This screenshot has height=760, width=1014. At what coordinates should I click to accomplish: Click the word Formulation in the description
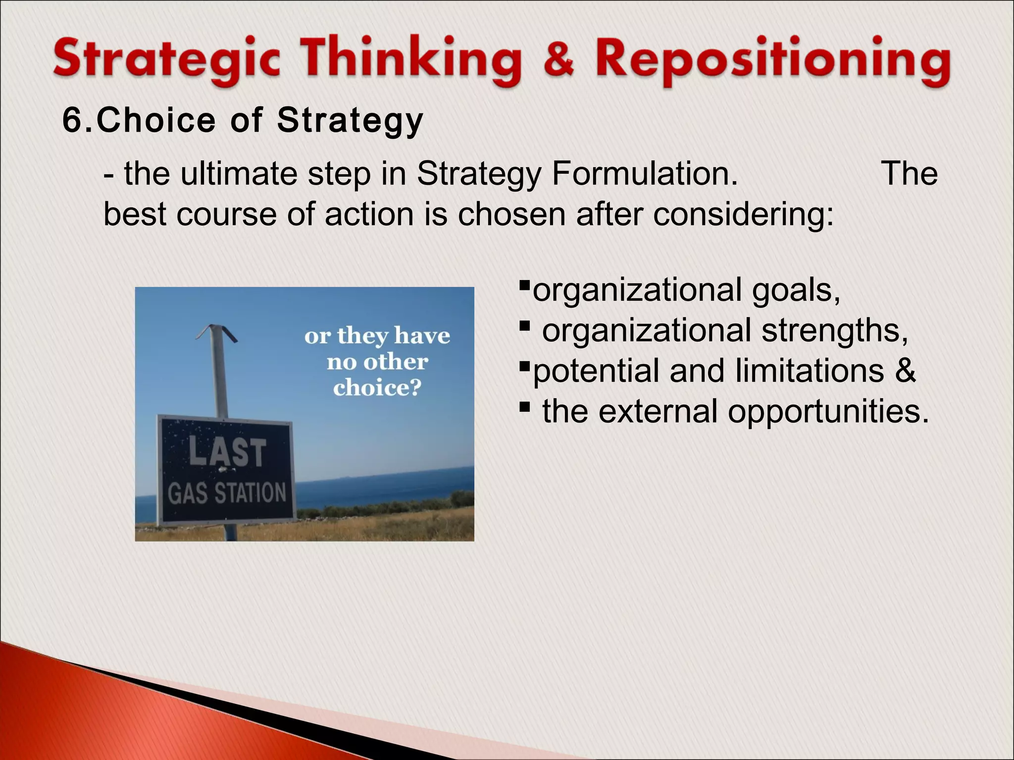pos(644,174)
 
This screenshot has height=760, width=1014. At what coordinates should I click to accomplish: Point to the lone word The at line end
pos(910,174)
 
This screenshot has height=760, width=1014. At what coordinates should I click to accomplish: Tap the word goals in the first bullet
pos(796,291)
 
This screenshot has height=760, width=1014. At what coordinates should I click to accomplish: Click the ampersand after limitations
pos(905,371)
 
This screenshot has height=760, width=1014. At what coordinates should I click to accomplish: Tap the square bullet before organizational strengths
pos(525,327)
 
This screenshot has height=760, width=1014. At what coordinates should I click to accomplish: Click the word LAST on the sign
pos(227,452)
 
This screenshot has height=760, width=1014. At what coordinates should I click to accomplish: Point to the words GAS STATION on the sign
pos(227,493)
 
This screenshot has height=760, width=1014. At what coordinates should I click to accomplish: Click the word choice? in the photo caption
pos(377,387)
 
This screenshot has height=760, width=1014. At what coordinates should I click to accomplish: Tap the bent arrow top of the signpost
pos(216,332)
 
